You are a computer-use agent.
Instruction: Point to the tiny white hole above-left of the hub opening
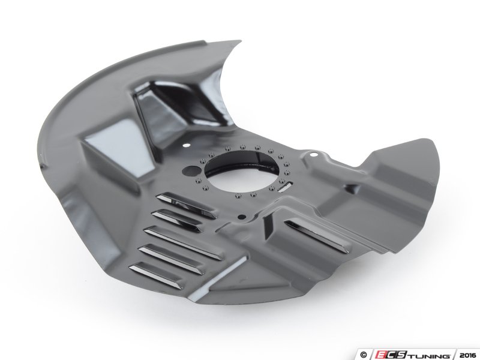coord(185,146)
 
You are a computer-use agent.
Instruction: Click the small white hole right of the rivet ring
coord(313,155)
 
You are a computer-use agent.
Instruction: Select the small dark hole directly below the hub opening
coord(242,217)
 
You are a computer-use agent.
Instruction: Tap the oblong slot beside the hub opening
coord(285,187)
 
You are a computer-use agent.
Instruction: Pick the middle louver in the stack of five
coord(182,243)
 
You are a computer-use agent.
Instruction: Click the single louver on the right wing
coord(317,236)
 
